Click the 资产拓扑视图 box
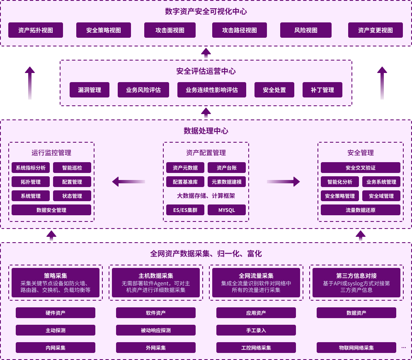click(36, 30)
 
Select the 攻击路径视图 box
click(240, 30)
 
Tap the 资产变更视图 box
click(376, 30)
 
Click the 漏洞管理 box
click(90, 90)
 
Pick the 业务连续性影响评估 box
click(212, 90)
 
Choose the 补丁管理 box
click(322, 90)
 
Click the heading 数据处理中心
click(206, 131)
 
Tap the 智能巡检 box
click(72, 168)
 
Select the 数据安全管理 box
click(51, 210)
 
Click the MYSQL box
click(227, 210)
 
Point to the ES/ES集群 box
click(185, 210)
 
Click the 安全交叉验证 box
click(361, 168)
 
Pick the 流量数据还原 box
click(361, 210)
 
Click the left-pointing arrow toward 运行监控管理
click(128, 181)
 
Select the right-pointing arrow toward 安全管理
click(283, 181)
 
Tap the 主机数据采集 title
click(156, 276)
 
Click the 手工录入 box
click(256, 330)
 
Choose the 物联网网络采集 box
click(356, 348)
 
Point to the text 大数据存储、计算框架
click(206, 196)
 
